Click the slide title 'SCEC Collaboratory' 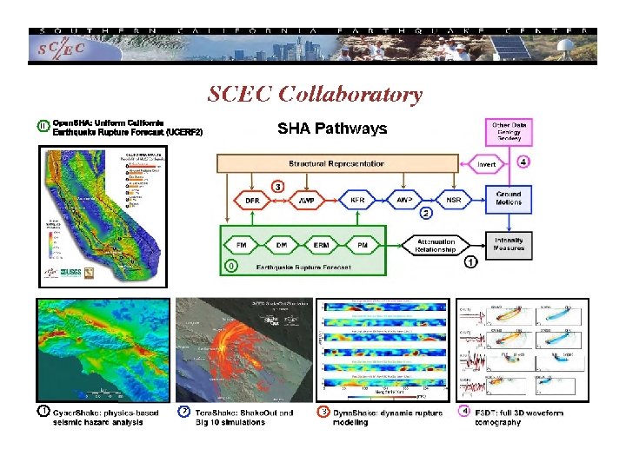(315, 94)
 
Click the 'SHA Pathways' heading (332, 129)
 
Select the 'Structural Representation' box (336, 163)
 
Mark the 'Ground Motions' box (509, 197)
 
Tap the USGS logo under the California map (72, 273)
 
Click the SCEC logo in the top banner (62, 48)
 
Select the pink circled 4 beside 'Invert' (523, 162)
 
